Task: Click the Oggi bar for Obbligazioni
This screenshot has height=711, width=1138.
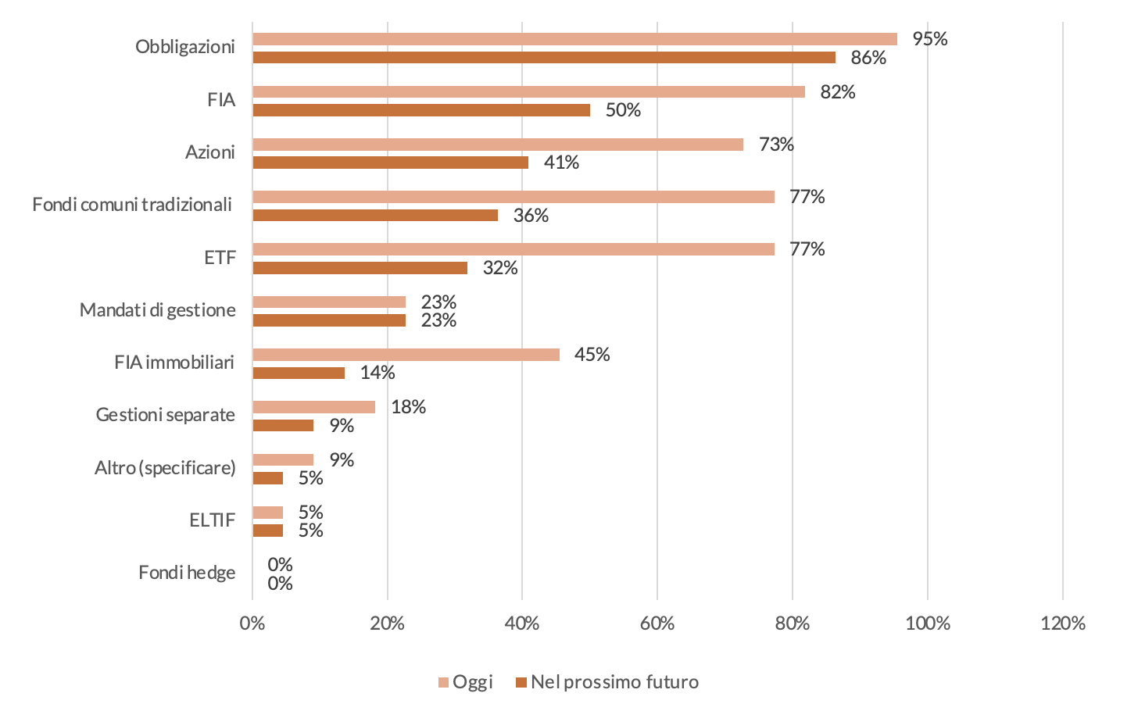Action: tap(574, 39)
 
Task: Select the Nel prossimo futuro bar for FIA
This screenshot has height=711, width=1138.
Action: tap(421, 110)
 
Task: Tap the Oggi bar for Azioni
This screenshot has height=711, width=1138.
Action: tap(498, 145)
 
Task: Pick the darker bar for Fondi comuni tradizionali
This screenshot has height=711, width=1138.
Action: tap(375, 216)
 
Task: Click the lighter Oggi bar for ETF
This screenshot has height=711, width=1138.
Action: tap(514, 249)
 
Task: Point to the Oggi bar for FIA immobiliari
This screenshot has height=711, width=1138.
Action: tap(406, 355)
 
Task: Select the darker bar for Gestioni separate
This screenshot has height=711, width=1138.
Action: tap(283, 426)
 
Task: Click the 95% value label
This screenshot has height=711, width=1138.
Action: tap(929, 39)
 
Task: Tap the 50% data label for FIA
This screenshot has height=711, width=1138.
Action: tap(623, 110)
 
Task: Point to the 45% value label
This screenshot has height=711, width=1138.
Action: tap(592, 355)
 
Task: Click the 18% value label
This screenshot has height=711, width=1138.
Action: tap(408, 407)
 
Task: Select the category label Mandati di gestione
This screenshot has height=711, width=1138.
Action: tap(157, 310)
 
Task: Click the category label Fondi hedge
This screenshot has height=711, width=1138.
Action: tap(187, 573)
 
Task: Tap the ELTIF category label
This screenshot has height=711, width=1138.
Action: tap(212, 520)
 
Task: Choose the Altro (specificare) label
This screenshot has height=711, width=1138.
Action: tap(165, 468)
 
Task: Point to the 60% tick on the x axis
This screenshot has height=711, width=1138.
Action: tap(657, 623)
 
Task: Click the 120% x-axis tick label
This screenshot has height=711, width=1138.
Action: tap(1063, 623)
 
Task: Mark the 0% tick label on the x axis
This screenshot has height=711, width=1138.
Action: tap(252, 623)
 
